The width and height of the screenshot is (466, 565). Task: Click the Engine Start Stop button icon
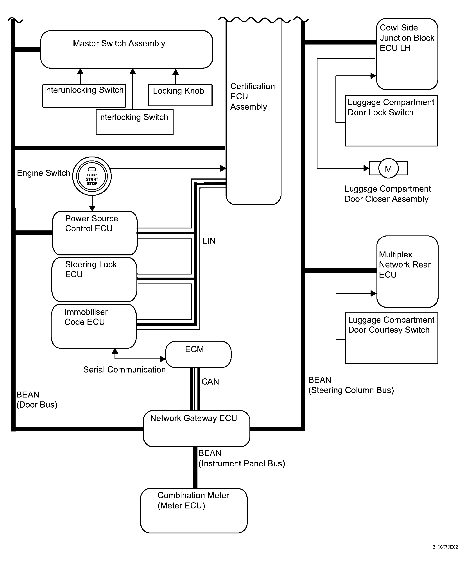pos(92,176)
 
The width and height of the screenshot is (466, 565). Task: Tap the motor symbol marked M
pos(388,168)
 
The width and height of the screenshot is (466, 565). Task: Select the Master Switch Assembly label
pos(119,43)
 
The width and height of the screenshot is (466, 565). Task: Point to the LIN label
pos(209,241)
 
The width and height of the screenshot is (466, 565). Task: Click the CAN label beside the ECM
pos(210,381)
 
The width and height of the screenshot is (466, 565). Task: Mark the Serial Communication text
pos(124,370)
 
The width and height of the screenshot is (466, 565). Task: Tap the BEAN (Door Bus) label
pos(37,399)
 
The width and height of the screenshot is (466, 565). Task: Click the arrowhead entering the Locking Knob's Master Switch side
pos(176,72)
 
